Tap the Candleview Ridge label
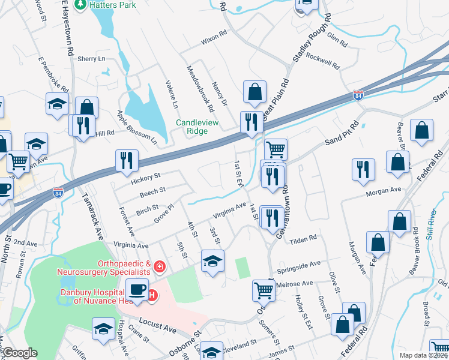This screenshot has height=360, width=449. (x=199, y=127)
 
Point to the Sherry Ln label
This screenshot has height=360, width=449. (x=91, y=59)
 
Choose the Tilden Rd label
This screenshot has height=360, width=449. (x=303, y=239)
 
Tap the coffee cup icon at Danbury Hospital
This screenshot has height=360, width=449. (x=137, y=290)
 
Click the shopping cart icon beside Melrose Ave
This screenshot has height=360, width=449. (x=264, y=290)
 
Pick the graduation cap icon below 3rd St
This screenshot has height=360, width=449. (x=211, y=261)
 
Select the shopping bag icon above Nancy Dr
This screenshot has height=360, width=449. (x=255, y=92)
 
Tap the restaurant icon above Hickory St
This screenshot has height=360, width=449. (x=127, y=160)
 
